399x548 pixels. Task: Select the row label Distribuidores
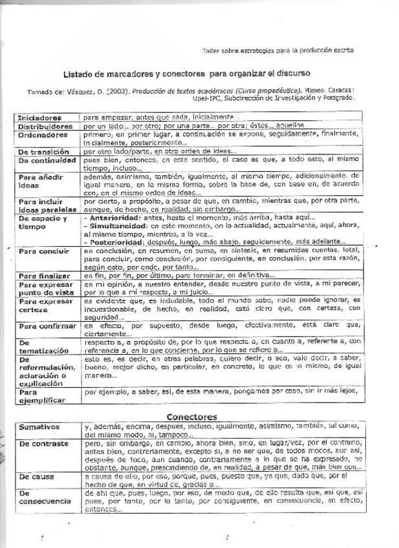click(44, 127)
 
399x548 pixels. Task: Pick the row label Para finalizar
click(43, 276)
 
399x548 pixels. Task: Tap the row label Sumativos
click(39, 427)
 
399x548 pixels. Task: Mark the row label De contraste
click(44, 445)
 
